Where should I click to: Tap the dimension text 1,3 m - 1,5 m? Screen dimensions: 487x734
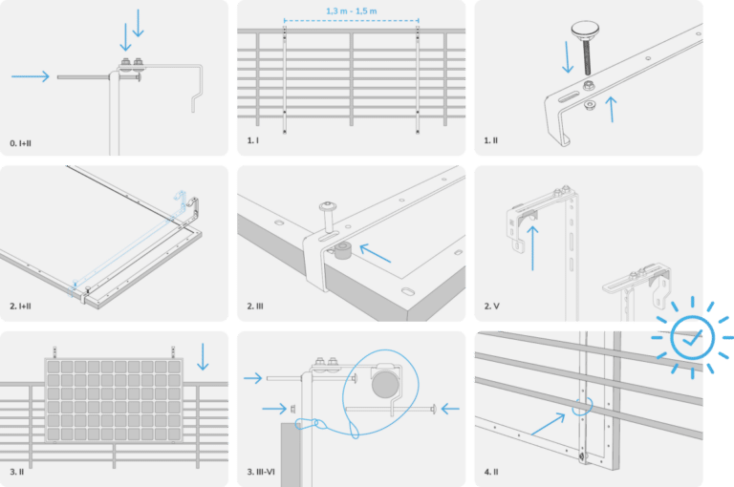click(x=352, y=11)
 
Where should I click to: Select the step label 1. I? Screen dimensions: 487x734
click(x=252, y=140)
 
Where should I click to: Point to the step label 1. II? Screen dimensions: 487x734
click(x=490, y=140)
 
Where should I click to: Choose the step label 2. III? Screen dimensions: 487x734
click(x=255, y=307)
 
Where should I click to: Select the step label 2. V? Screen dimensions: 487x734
click(x=491, y=307)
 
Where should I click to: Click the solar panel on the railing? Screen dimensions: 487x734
click(x=112, y=401)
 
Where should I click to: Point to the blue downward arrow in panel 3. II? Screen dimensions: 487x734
click(x=202, y=357)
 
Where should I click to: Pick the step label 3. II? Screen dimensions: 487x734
click(x=16, y=472)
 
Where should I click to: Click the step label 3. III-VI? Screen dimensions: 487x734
click(x=264, y=472)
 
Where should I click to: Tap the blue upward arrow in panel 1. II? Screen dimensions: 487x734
click(x=610, y=106)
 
